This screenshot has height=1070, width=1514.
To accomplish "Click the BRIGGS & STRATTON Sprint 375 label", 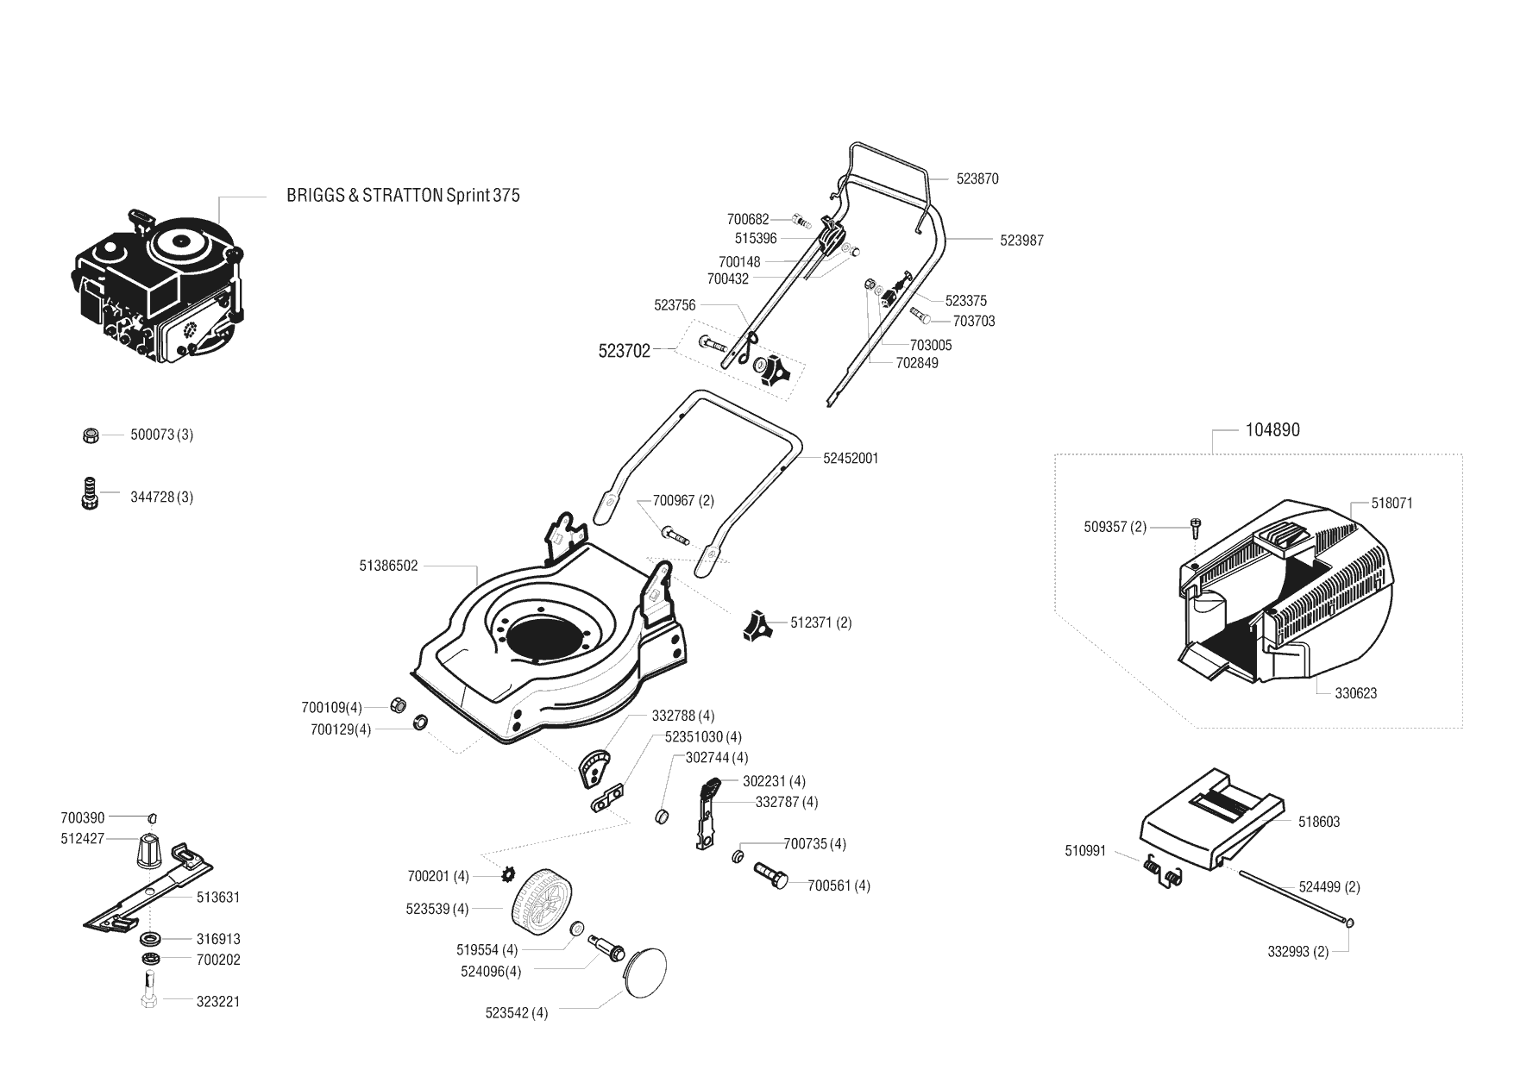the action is click(403, 195).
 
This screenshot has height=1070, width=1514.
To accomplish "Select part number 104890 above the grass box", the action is click(1272, 429).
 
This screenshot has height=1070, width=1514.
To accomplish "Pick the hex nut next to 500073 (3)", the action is click(90, 435).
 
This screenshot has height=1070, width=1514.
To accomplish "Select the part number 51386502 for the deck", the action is click(388, 566).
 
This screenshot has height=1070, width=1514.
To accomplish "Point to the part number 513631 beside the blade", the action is click(218, 897).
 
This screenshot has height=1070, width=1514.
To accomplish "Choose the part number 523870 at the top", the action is click(977, 178).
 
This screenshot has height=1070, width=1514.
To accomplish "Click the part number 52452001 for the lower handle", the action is click(851, 458).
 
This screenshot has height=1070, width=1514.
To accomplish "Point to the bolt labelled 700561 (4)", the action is click(771, 875).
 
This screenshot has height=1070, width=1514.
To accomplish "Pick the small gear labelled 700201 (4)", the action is click(506, 876).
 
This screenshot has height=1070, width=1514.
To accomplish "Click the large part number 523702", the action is click(625, 351).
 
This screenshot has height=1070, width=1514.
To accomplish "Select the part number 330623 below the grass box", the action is click(1355, 693).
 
